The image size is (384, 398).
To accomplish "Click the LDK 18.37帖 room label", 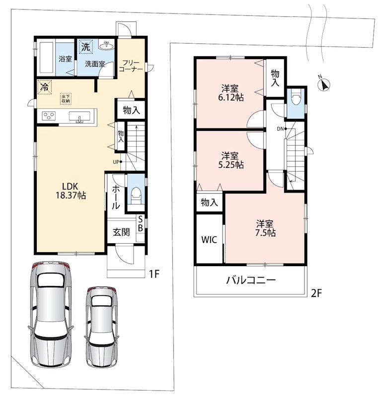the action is [71, 191].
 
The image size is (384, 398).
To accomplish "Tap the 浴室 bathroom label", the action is [65, 59].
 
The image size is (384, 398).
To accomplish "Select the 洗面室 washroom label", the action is [95, 64].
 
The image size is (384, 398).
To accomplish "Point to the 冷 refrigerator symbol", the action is [45, 88].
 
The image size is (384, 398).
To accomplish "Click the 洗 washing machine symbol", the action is [85, 47].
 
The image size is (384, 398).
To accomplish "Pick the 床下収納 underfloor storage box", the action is [66, 99].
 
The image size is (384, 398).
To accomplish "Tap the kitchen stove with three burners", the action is [49, 116].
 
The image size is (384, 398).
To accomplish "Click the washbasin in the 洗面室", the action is [107, 45].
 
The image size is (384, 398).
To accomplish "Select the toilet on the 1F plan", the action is [136, 195].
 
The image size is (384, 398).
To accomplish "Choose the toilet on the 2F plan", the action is [296, 97].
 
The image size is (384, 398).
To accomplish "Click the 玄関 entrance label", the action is [121, 232].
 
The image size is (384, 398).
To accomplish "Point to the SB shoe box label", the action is [140, 223].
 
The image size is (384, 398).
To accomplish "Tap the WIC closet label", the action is [209, 240].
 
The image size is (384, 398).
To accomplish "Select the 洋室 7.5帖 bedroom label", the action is [265, 228].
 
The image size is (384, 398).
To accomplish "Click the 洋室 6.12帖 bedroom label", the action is [230, 93].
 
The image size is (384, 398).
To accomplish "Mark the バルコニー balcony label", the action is [250, 280].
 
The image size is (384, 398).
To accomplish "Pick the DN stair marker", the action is [282, 129].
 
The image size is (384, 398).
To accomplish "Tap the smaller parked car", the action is [102, 327].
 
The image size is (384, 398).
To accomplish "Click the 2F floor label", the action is [316, 294].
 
